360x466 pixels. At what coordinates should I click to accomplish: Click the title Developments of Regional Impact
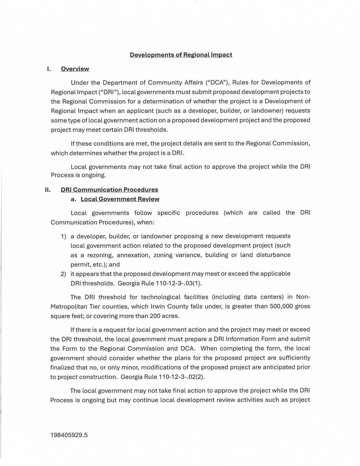[x=181, y=55]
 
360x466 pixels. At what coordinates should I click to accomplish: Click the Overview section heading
[x=75, y=69]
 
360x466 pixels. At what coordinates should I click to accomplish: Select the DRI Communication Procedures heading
[x=109, y=190]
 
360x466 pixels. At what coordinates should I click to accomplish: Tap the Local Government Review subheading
[x=120, y=199]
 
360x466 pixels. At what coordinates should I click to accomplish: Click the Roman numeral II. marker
[x=48, y=190]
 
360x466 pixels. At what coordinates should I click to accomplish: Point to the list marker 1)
[x=63, y=236]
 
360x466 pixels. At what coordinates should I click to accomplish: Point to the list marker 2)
[x=63, y=274]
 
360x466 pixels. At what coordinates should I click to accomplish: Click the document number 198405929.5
[x=69, y=435]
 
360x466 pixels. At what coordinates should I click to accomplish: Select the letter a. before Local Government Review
[x=73, y=199]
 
